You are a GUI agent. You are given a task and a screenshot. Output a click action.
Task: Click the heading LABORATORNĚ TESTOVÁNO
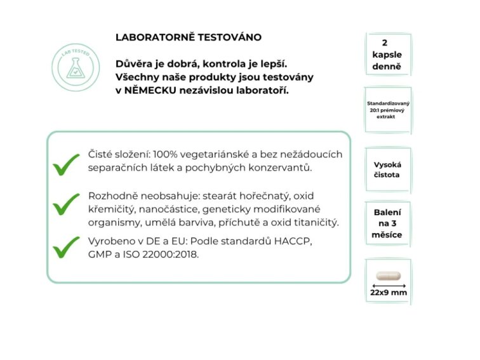pyautogui.click(x=188, y=37)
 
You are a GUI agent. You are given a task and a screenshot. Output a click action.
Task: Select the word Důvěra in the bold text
pyautogui.click(x=135, y=63)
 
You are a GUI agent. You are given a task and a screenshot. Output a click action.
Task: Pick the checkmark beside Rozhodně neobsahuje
pyautogui.click(x=66, y=204)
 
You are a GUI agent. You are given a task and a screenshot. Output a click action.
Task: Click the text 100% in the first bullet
pyautogui.click(x=167, y=154)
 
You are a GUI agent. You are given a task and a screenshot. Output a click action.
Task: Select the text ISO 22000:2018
pyautogui.click(x=163, y=255)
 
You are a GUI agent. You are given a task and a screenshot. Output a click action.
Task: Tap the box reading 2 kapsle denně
pyautogui.click(x=387, y=55)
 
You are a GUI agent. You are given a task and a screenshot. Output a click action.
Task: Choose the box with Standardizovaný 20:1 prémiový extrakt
pyautogui.click(x=387, y=110)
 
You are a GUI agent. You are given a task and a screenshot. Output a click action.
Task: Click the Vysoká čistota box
pyautogui.click(x=387, y=170)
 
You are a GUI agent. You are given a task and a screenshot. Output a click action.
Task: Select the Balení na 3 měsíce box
pyautogui.click(x=387, y=223)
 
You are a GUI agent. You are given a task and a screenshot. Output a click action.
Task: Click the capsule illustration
pyautogui.click(x=387, y=275)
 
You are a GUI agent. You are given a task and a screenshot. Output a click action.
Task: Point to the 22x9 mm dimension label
pyautogui.click(x=387, y=293)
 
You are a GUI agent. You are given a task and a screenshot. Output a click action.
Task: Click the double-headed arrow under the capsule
pyautogui.click(x=387, y=286)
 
